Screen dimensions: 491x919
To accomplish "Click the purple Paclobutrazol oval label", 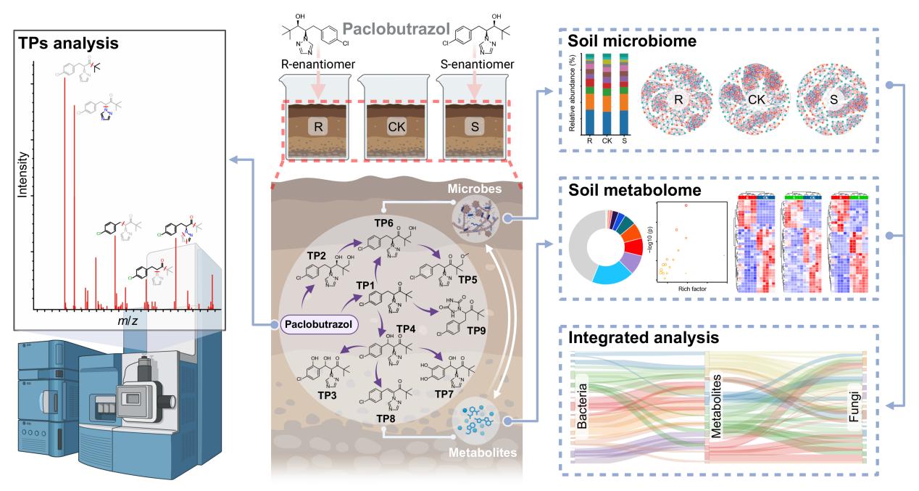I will pos(319,325).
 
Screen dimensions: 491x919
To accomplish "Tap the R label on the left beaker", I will pos(317,126).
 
